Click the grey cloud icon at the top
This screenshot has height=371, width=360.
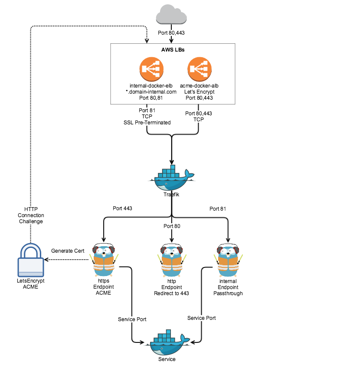[x=173, y=15]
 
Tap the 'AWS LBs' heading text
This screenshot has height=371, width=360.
[x=173, y=49]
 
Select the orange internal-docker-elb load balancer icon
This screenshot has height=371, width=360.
[x=151, y=69]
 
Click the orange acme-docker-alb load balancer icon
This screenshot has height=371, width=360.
[x=200, y=69]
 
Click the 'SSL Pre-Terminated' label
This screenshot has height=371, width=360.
[x=147, y=123]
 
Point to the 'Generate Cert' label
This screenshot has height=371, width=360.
[x=67, y=251]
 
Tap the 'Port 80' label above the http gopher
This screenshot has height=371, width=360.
[x=172, y=226]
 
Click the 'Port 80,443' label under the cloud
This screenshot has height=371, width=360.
[x=172, y=33]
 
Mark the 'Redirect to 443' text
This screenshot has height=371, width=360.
[x=172, y=293]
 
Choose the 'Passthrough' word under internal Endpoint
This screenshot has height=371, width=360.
[x=228, y=293]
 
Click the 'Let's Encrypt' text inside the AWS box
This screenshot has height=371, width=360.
[x=200, y=92]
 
